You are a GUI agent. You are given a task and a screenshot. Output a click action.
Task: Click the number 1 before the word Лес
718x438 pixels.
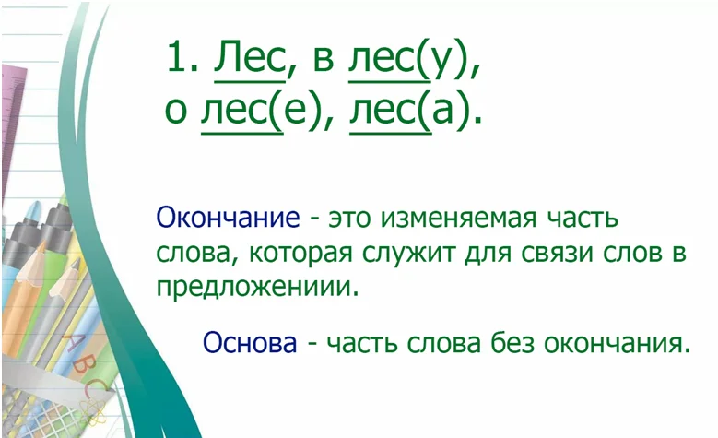(177, 57)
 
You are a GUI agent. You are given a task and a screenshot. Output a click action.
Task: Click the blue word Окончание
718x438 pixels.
(228, 218)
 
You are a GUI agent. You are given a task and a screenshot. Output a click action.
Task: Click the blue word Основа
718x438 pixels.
(250, 342)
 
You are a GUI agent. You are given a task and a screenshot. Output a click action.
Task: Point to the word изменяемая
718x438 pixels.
(458, 219)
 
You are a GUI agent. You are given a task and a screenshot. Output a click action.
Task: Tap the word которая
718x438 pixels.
(300, 254)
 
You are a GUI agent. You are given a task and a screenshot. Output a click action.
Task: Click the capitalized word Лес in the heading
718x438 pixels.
(249, 59)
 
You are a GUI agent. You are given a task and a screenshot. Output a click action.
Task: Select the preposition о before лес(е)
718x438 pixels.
(176, 112)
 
